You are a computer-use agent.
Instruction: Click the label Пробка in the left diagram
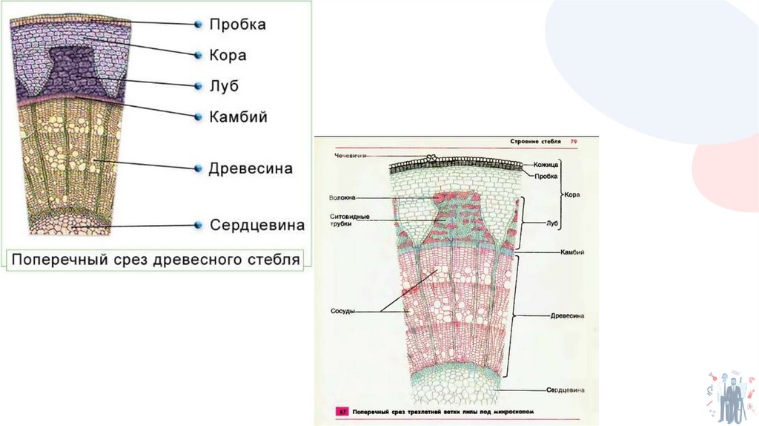pos(236,24)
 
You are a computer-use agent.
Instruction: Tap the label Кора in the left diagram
pos(227,56)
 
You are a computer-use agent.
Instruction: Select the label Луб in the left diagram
pos(223,86)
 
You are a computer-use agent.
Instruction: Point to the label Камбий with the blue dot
pos(237,117)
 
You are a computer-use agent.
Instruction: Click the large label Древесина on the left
pos(250,168)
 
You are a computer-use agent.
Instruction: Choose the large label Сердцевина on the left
pos(256,225)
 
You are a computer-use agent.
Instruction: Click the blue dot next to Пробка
pos(198,24)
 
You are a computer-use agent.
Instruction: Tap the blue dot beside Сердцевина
pos(198,225)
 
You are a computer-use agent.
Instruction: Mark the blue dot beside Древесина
pos(198,168)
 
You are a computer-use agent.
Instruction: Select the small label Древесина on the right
pos(568,315)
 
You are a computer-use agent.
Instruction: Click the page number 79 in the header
pos(573,141)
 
